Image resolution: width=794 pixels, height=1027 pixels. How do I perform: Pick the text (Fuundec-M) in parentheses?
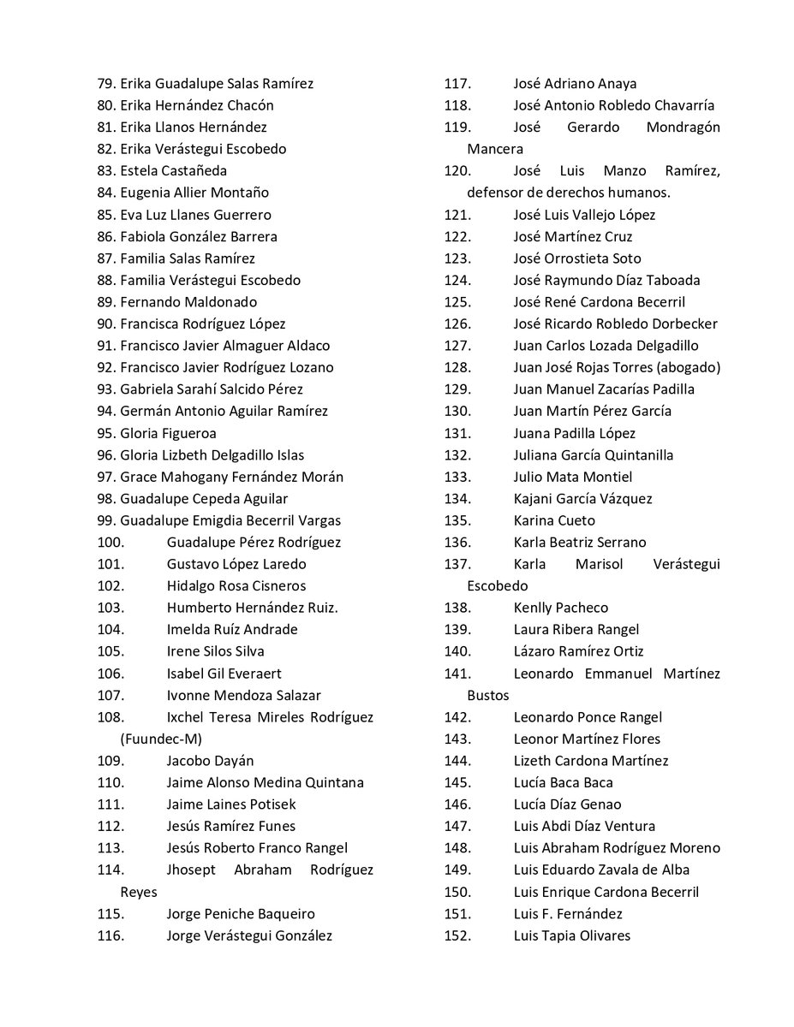point(162,739)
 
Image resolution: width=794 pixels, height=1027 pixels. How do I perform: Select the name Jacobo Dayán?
point(210,761)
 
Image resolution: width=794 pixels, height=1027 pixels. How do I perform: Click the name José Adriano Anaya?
point(575,84)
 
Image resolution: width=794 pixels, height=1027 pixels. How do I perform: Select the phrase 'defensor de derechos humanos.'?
point(568,193)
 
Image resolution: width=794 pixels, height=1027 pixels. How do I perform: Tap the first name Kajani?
point(534,499)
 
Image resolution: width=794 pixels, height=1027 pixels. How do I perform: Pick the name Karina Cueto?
point(554,520)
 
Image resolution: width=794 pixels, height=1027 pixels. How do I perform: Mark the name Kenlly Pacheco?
point(560,608)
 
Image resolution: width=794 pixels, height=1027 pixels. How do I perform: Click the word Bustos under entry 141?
point(488,695)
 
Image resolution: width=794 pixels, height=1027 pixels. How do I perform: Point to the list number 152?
point(457,935)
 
